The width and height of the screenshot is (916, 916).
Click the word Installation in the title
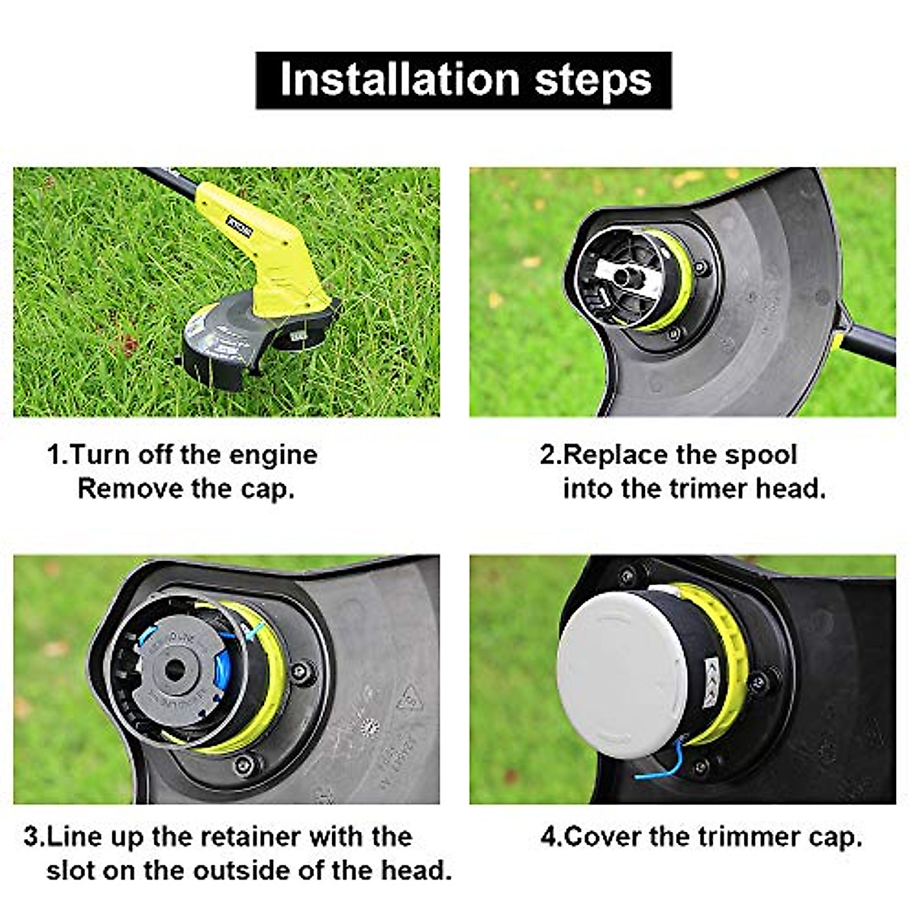pos(399,80)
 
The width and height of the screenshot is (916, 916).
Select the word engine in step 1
pos(273,455)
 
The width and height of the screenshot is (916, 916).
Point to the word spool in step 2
pos(760,455)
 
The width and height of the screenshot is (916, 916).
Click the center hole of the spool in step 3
pos(175,671)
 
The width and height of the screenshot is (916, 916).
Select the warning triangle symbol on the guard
pos(410,697)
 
